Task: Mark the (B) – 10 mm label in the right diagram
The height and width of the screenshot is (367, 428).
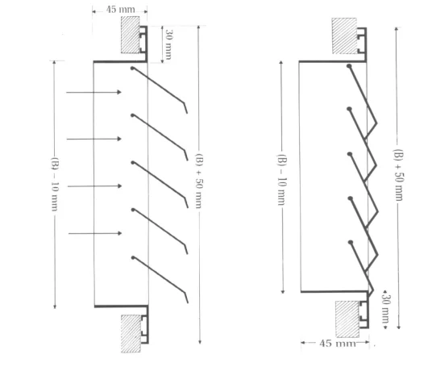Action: pyautogui.click(x=283, y=177)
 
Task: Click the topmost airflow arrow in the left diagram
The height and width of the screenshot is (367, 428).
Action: pyautogui.click(x=93, y=91)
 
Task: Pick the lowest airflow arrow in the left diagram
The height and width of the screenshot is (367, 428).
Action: pyautogui.click(x=93, y=233)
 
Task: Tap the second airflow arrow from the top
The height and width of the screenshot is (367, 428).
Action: pyautogui.click(x=93, y=139)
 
